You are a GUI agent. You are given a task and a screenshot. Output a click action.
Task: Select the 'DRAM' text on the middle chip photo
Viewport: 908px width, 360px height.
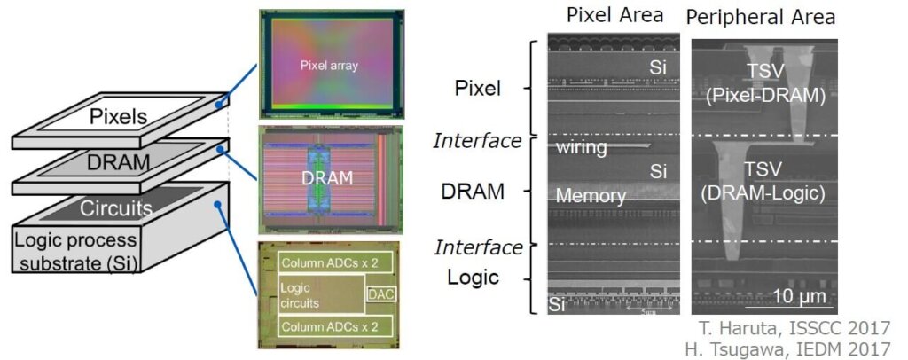327,178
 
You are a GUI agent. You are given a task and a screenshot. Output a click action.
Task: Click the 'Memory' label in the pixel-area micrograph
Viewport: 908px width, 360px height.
591,195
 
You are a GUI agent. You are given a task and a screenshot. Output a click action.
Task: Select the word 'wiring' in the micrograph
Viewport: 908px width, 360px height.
581,147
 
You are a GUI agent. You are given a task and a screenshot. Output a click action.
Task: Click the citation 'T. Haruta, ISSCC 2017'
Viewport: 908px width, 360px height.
787,328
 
